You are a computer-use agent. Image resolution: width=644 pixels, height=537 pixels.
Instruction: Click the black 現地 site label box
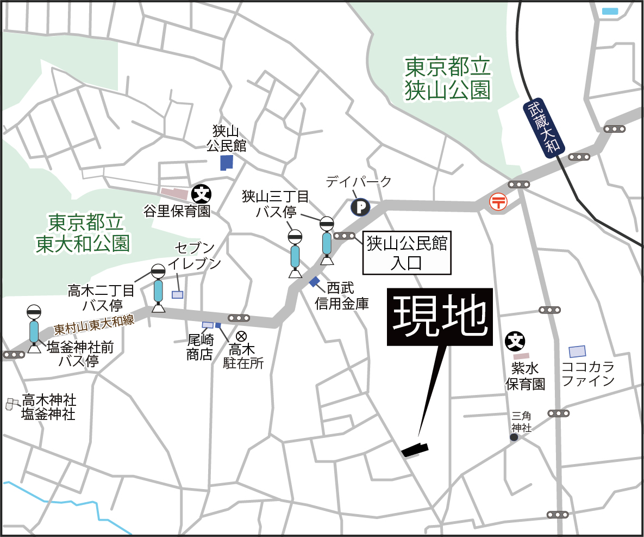point(439,317)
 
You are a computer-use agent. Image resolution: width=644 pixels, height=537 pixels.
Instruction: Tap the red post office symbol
point(498,201)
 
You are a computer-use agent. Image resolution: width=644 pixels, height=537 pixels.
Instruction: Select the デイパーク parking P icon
point(360,207)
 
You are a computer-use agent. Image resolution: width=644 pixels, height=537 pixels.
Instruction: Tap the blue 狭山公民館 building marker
point(226,162)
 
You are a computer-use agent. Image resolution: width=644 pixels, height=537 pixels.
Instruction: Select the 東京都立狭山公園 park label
point(447,79)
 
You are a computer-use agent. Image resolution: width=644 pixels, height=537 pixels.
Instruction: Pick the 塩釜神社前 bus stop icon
point(34,329)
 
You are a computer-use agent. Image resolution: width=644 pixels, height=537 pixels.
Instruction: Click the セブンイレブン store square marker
point(178,294)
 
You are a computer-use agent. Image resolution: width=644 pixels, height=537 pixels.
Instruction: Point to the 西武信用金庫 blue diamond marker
point(315,281)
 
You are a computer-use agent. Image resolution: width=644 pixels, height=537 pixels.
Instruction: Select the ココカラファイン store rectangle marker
point(577,351)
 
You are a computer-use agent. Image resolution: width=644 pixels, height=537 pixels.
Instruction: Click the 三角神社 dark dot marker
point(514,437)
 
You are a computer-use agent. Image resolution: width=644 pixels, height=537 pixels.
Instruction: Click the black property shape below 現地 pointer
point(415,449)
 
